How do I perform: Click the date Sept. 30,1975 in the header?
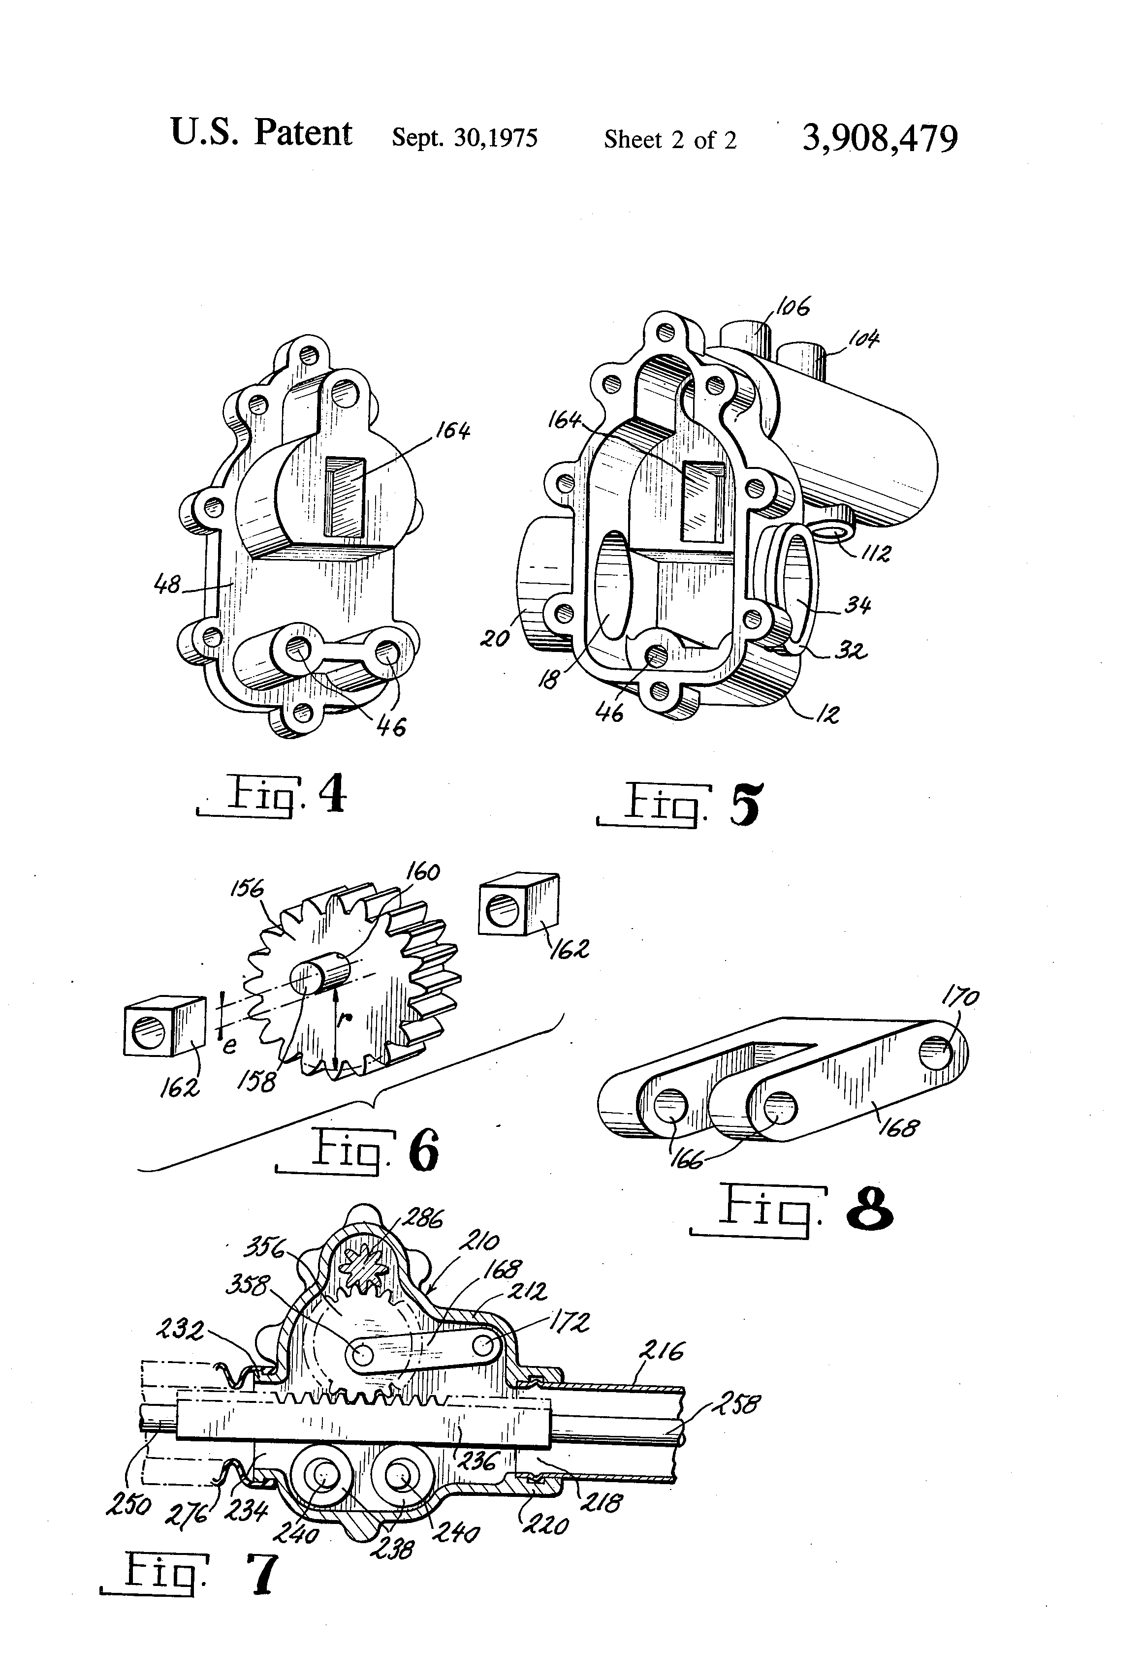tap(464, 137)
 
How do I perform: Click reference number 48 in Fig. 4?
tap(167, 584)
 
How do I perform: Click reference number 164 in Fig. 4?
tap(452, 431)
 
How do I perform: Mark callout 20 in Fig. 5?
tap(495, 638)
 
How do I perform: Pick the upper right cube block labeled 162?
tap(519, 904)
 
